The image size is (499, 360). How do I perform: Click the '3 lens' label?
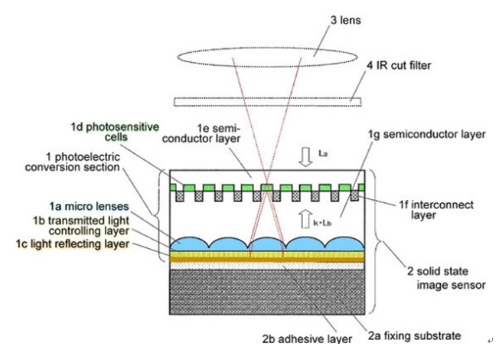346,20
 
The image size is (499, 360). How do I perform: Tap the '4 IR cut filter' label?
399,65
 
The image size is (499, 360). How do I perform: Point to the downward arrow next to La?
306,157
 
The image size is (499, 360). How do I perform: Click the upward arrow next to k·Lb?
305,218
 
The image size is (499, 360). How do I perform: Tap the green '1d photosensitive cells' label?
115,132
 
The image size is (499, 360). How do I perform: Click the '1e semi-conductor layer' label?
201,133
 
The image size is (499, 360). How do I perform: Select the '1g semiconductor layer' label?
427,135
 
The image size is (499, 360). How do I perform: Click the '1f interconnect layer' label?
436,210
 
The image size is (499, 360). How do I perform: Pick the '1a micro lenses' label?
89,207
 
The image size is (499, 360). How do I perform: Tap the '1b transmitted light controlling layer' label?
81,225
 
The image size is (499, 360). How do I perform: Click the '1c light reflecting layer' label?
73,244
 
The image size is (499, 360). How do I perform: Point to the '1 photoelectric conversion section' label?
73,162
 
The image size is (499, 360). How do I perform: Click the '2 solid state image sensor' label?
446,278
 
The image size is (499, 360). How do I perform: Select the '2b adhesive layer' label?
307,339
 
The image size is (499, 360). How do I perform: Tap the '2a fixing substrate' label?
414,335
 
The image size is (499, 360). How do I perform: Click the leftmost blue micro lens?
190,244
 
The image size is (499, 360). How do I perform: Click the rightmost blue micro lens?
344,244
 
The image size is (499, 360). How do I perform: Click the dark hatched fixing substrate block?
267,292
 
